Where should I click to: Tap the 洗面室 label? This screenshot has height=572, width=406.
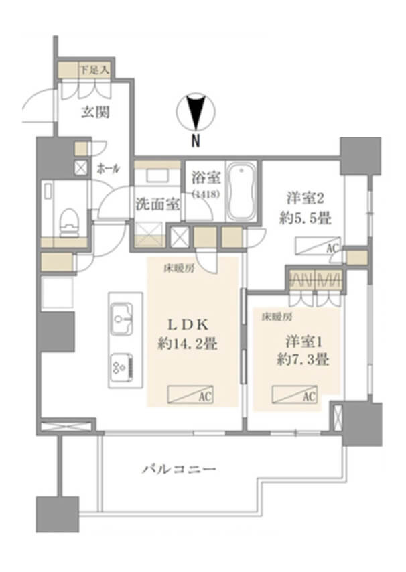point(157,204)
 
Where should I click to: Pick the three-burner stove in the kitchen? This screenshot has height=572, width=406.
point(121,366)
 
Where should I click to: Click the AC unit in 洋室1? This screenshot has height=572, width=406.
point(295,396)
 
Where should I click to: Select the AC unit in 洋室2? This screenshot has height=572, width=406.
point(318,246)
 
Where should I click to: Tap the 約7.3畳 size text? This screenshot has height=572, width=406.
point(303,360)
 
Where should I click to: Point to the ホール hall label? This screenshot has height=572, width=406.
point(108,169)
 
